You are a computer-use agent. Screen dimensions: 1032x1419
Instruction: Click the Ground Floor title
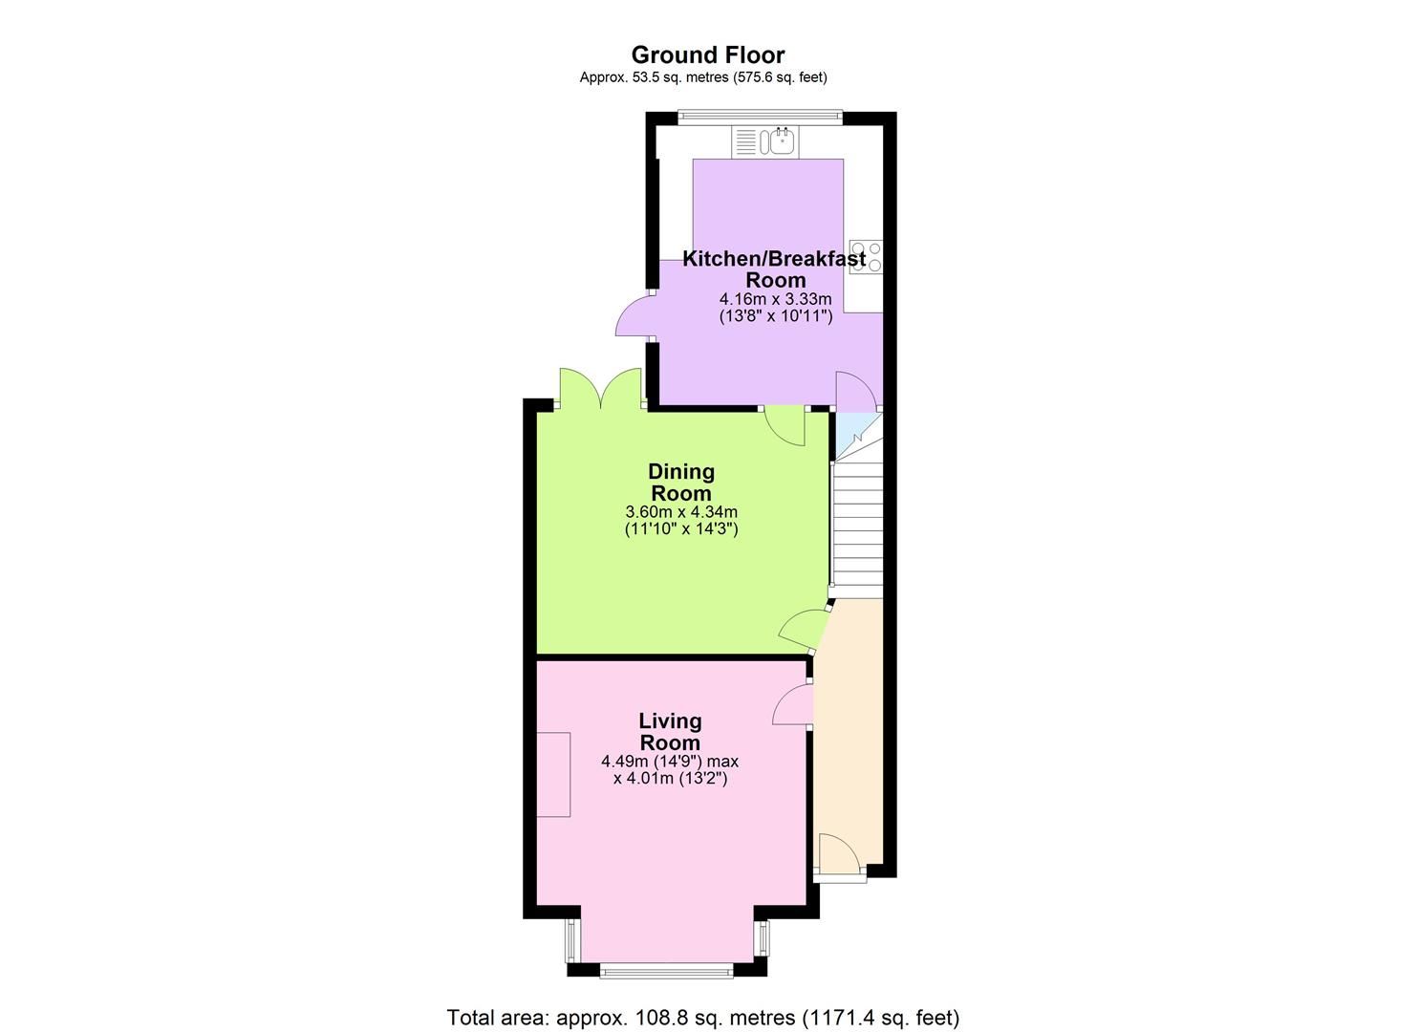pyautogui.click(x=707, y=55)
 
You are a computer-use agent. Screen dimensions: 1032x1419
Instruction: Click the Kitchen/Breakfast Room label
pyautogui.click(x=774, y=269)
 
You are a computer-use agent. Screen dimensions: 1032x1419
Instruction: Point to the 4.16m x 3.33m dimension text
pyautogui.click(x=775, y=298)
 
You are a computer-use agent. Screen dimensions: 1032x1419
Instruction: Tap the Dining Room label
pyautogui.click(x=681, y=483)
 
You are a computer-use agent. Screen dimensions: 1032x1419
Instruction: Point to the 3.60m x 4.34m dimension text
pyautogui.click(x=681, y=512)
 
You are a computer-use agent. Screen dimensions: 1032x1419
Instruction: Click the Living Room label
pyautogui.click(x=670, y=732)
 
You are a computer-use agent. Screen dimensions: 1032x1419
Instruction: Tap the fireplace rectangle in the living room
pyautogui.click(x=553, y=774)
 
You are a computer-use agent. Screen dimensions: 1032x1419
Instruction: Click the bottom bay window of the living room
pyautogui.click(x=666, y=972)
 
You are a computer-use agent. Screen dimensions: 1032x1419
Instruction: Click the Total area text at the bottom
pyautogui.click(x=702, y=1017)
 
